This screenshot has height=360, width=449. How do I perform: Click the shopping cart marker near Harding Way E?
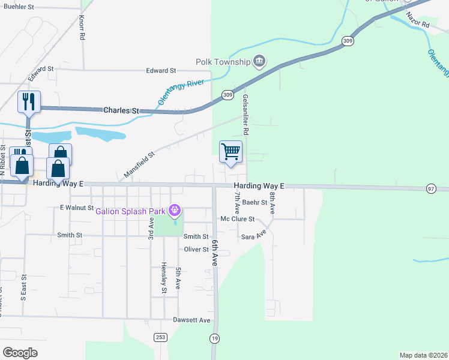coord(231,152)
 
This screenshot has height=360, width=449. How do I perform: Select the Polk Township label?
coord(223,62)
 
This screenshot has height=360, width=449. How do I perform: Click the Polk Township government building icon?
coord(259,61)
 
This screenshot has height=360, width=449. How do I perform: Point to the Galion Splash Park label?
coord(130,210)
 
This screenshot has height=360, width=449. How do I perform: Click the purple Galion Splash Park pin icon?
coord(175,210)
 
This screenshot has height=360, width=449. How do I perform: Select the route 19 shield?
coord(215,339)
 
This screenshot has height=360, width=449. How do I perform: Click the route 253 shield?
coord(159,337)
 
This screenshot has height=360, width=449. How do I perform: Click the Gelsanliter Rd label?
coord(245,113)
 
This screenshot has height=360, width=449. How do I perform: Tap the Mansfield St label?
coord(139,164)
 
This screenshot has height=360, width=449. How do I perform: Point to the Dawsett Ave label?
coord(192,320)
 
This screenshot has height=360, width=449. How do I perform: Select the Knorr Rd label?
coord(81,28)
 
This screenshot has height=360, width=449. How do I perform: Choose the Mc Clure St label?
coord(238,220)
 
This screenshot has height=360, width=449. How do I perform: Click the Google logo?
coord(20,353)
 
